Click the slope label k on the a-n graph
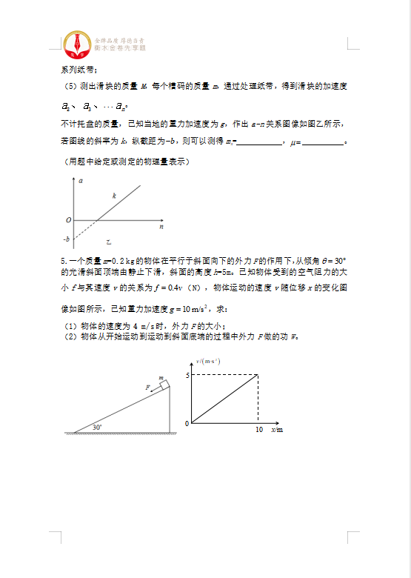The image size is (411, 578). tap(114, 196)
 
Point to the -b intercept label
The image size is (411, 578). tap(67, 239)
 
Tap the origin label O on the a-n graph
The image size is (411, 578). tap(67, 220)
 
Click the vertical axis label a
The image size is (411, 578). tap(79, 181)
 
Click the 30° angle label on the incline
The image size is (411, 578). tap(97, 427)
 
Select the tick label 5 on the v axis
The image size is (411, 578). tap(187, 376)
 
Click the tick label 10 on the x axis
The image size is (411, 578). tap(258, 430)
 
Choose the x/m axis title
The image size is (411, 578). tap(277, 430)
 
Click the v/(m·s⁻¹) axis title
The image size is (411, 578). tap(208, 361)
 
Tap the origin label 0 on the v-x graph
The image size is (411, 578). tap(187, 423)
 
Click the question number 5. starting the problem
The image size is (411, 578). tap(64, 261)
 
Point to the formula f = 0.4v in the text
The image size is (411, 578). tap(163, 288)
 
